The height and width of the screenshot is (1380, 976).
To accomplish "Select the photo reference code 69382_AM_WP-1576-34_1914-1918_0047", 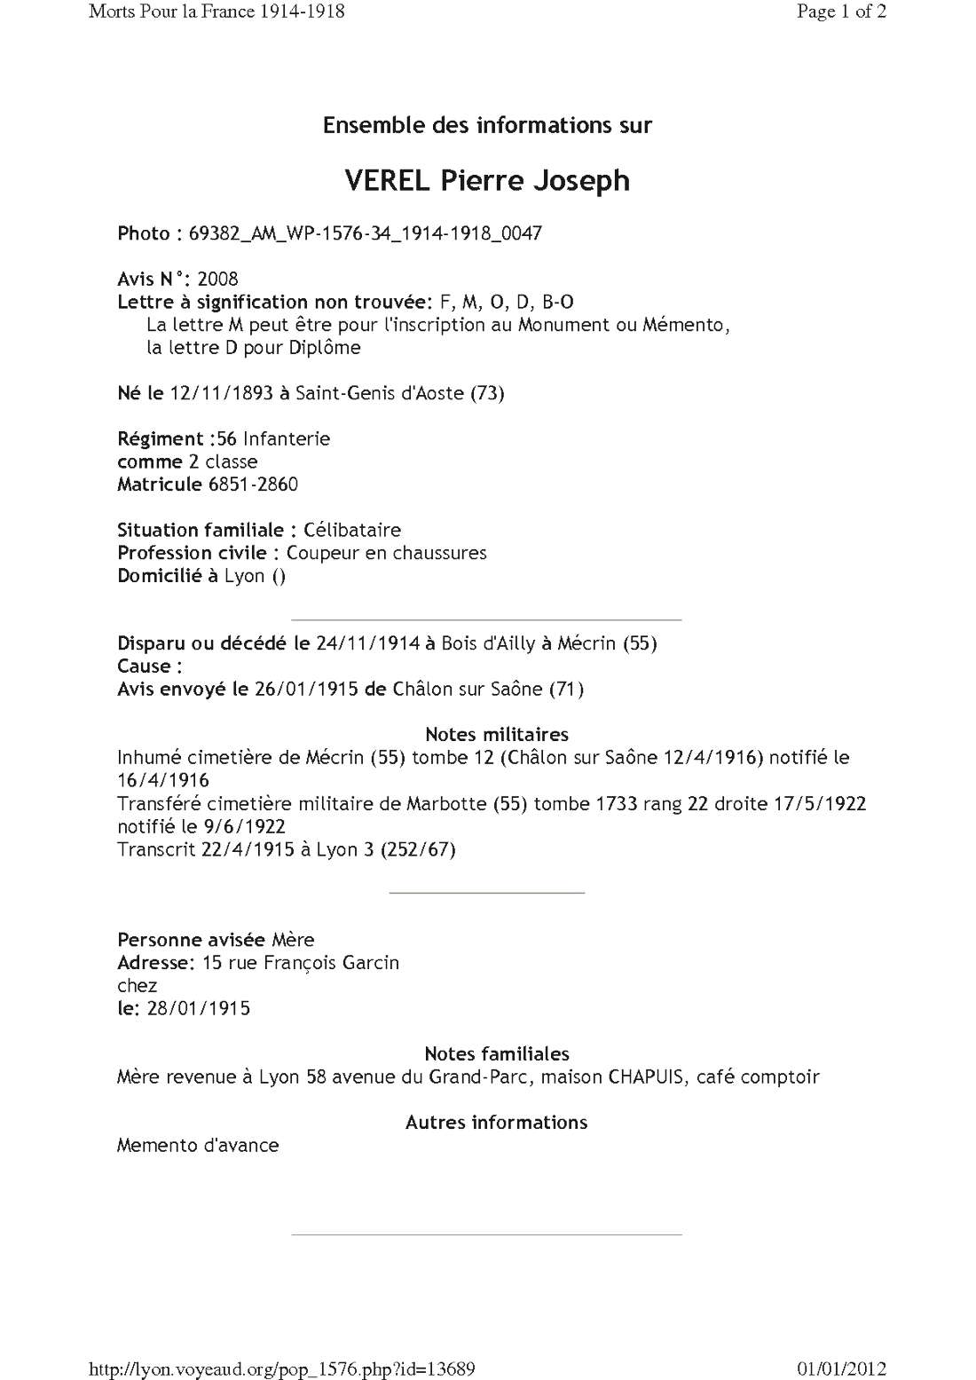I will click(365, 233).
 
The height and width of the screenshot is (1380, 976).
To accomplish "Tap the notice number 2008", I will click(217, 279).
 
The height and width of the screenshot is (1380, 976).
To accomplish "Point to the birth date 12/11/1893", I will click(221, 392).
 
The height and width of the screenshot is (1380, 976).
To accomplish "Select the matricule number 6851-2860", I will click(253, 484).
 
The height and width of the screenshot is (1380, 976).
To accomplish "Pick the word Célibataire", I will click(352, 530).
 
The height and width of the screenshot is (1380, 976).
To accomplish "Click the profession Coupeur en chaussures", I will click(386, 553).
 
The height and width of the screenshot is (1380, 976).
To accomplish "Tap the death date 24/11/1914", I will click(367, 643).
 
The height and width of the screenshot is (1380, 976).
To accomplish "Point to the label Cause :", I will click(149, 666).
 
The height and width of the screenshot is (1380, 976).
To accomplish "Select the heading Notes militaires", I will click(497, 734).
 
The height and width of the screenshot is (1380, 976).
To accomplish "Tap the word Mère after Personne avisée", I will click(293, 940).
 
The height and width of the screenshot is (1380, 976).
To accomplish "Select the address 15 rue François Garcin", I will click(300, 963).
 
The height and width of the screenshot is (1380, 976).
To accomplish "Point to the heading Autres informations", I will click(496, 1123).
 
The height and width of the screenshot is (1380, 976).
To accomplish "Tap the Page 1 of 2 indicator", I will click(841, 12).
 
